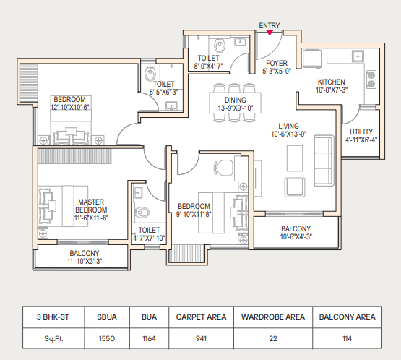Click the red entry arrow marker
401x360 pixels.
tap(270, 33)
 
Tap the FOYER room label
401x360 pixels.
tap(277, 63)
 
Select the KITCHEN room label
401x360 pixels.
tap(331, 82)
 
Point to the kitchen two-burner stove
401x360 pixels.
tap(371, 80)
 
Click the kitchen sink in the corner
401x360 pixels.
tap(358, 56)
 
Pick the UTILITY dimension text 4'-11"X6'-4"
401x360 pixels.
tap(361, 140)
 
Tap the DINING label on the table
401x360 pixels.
tap(235, 100)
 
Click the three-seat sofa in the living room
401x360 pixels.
tap(324, 160)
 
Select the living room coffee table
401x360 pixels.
tap(295, 158)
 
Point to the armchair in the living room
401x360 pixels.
tap(295, 187)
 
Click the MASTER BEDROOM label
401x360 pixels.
tap(91, 206)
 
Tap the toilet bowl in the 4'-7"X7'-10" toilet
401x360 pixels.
tap(142, 212)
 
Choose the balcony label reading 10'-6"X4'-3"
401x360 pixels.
tap(296, 236)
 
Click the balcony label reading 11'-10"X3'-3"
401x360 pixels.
tap(85, 261)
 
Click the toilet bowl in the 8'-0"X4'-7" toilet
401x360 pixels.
tap(220, 46)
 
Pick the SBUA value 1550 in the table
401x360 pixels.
tap(107, 339)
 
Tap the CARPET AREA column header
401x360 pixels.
tap(201, 317)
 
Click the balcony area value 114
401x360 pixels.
tap(347, 339)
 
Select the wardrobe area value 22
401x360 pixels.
tap(273, 339)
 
